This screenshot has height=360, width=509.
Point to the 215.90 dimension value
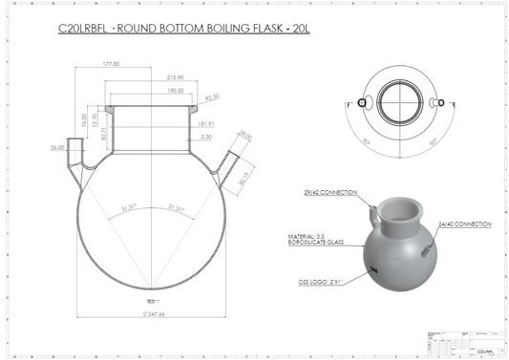click(175, 77)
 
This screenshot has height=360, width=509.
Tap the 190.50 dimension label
click(173, 92)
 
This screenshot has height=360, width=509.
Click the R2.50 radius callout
click(212, 96)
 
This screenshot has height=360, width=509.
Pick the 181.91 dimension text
click(206, 123)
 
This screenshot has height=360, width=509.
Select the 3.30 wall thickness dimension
click(206, 137)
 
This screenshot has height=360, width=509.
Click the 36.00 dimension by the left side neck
click(57, 147)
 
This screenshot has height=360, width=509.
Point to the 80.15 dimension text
click(244, 174)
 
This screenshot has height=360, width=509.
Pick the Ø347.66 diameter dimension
click(153, 313)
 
